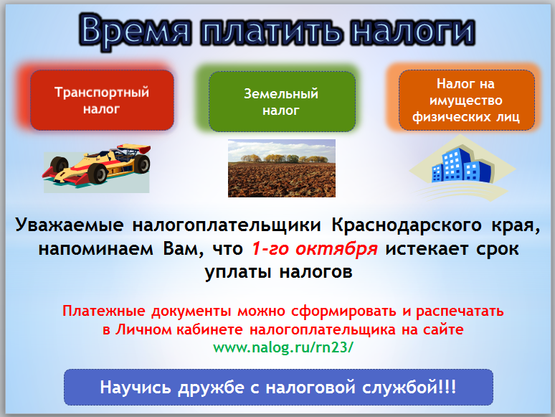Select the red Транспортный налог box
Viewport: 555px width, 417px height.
tap(102, 100)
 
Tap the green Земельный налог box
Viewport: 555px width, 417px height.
tap(282, 102)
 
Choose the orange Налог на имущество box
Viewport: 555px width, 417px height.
tap(466, 100)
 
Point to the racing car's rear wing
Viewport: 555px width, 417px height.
tap(136, 148)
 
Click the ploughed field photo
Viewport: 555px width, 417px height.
tap(281, 168)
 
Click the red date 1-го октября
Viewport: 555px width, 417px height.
tap(314, 249)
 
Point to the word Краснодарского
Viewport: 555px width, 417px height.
tap(407, 225)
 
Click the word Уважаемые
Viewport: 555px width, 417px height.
tap(70, 225)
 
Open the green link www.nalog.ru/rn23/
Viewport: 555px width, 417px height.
tap(283, 347)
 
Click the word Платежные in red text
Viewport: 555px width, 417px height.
tap(104, 311)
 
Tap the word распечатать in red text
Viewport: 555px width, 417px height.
tap(460, 311)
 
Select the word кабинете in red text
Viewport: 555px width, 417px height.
tap(209, 330)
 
